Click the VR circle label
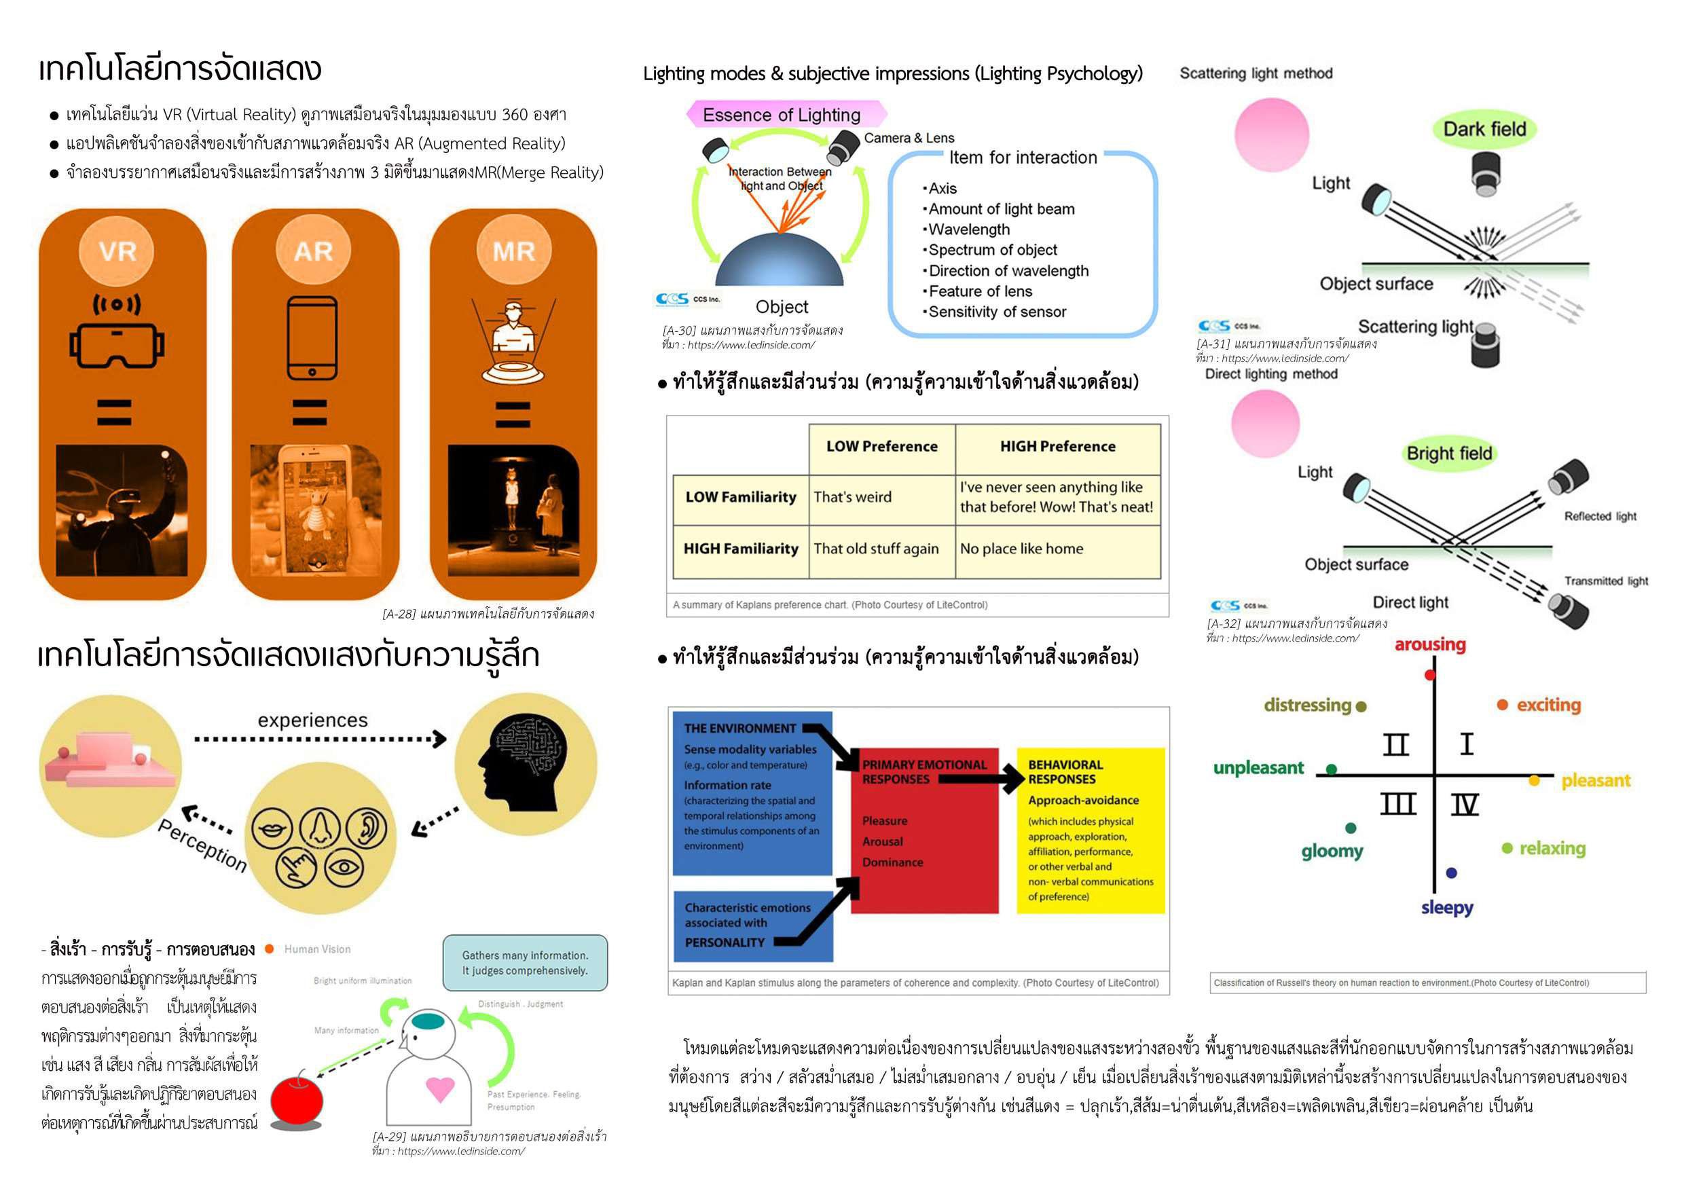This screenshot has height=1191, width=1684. [117, 251]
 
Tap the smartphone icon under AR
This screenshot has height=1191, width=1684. [312, 337]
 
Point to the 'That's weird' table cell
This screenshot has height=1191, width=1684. [852, 497]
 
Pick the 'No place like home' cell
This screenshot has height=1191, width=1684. [1021, 549]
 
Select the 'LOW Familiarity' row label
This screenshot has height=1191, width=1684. [740, 497]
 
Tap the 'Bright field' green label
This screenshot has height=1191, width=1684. [1448, 453]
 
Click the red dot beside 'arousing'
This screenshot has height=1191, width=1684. [1429, 675]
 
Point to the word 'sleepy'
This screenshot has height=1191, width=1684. [1446, 908]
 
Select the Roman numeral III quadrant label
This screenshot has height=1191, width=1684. [1397, 805]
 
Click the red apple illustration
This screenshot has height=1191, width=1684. [296, 1100]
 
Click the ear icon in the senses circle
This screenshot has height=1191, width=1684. [367, 828]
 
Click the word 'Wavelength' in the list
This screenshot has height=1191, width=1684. [968, 230]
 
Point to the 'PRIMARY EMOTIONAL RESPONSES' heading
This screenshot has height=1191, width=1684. [924, 771]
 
